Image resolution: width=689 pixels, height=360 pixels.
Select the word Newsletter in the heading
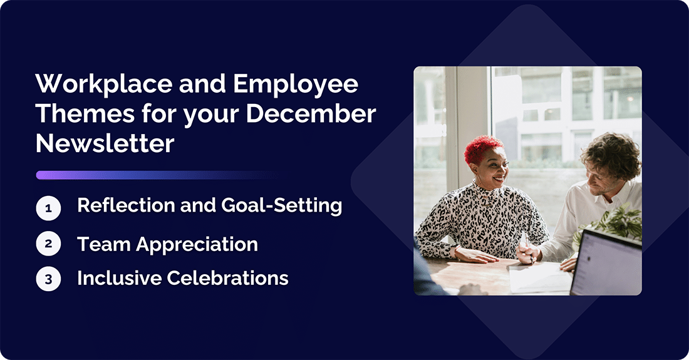point(105,143)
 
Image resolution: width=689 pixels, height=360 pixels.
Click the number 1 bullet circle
point(48,208)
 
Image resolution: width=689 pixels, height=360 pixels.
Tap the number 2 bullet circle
point(48,244)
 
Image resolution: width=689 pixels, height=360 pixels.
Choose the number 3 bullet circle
point(48,279)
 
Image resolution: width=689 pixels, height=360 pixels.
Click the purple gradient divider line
point(157,175)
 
